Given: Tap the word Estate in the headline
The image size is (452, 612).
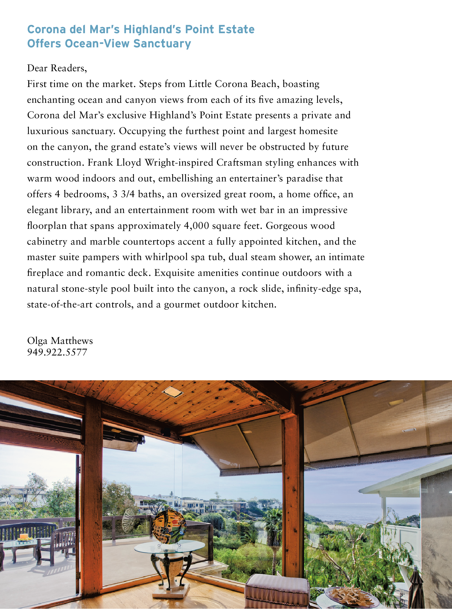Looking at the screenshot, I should (x=236, y=29).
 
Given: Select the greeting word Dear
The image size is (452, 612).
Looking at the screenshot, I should (x=37, y=68).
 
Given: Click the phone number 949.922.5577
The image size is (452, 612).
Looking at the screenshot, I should (x=57, y=352).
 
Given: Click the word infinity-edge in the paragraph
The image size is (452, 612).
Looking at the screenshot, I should (x=314, y=288).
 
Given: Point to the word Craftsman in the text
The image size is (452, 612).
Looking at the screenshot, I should (x=239, y=162).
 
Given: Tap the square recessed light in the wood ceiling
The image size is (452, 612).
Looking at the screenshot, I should (x=172, y=392).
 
